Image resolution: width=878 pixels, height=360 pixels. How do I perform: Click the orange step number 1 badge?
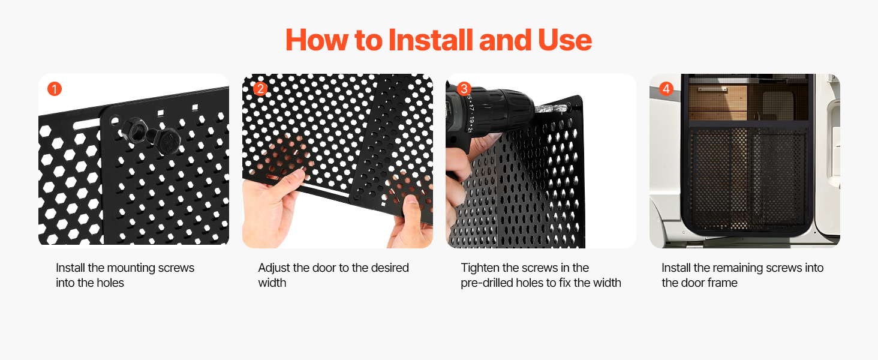[55, 89]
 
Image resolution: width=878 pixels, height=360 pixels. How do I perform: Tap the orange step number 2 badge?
[260, 89]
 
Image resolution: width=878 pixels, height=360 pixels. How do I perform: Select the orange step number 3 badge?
[464, 89]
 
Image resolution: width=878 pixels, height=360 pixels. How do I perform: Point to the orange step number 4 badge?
[666, 89]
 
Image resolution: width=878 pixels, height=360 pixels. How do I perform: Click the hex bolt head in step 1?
[169, 141]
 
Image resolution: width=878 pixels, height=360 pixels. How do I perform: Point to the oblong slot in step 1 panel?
[87, 125]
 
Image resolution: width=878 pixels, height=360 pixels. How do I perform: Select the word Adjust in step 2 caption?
[274, 268]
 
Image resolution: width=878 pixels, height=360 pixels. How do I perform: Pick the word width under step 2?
[272, 283]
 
